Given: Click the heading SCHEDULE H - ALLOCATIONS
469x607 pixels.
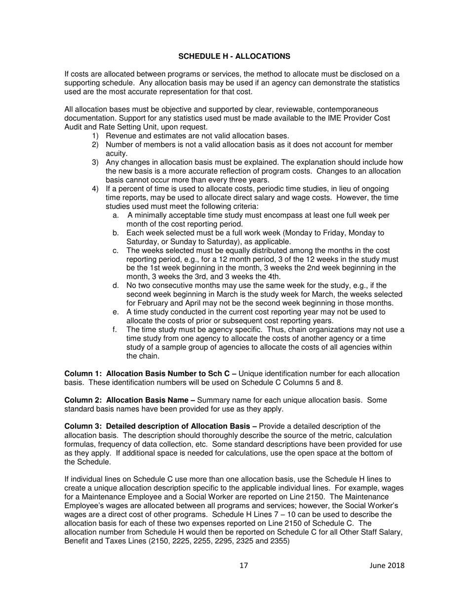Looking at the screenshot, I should tap(234, 56).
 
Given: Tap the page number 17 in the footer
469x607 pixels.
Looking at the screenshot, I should tap(244, 566).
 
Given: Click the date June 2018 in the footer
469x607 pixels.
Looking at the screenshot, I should tap(387, 566).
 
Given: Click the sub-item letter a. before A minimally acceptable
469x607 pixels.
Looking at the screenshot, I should tap(116, 215).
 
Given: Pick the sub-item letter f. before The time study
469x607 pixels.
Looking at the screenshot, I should tap(115, 330).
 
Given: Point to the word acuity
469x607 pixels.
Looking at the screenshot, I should tap(117, 153).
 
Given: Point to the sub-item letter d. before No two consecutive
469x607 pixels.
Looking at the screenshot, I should tap(116, 285).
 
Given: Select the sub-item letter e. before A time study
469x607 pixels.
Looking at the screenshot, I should tap(116, 312).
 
